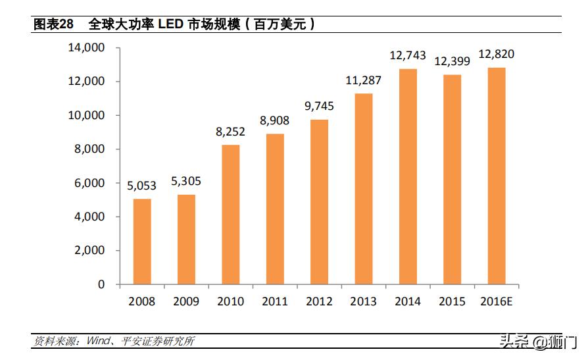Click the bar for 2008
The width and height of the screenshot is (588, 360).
point(142,242)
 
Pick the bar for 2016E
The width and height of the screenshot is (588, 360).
point(496,176)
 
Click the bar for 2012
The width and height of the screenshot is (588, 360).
point(319,202)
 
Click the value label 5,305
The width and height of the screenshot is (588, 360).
point(186,182)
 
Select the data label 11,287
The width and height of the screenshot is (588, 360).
point(363,81)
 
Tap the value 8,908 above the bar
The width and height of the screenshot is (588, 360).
point(274,121)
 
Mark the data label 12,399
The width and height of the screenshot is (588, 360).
point(451,62)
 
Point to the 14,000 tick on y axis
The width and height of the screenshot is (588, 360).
point(86,48)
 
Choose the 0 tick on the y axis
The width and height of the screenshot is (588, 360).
point(101,284)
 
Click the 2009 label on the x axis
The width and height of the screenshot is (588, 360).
point(186,301)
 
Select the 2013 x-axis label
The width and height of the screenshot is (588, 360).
point(363,301)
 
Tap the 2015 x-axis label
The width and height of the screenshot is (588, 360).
point(451,301)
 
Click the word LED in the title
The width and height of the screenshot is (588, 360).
point(170,24)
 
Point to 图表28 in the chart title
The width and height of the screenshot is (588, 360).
point(53,24)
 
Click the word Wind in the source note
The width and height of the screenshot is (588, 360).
point(95,342)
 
